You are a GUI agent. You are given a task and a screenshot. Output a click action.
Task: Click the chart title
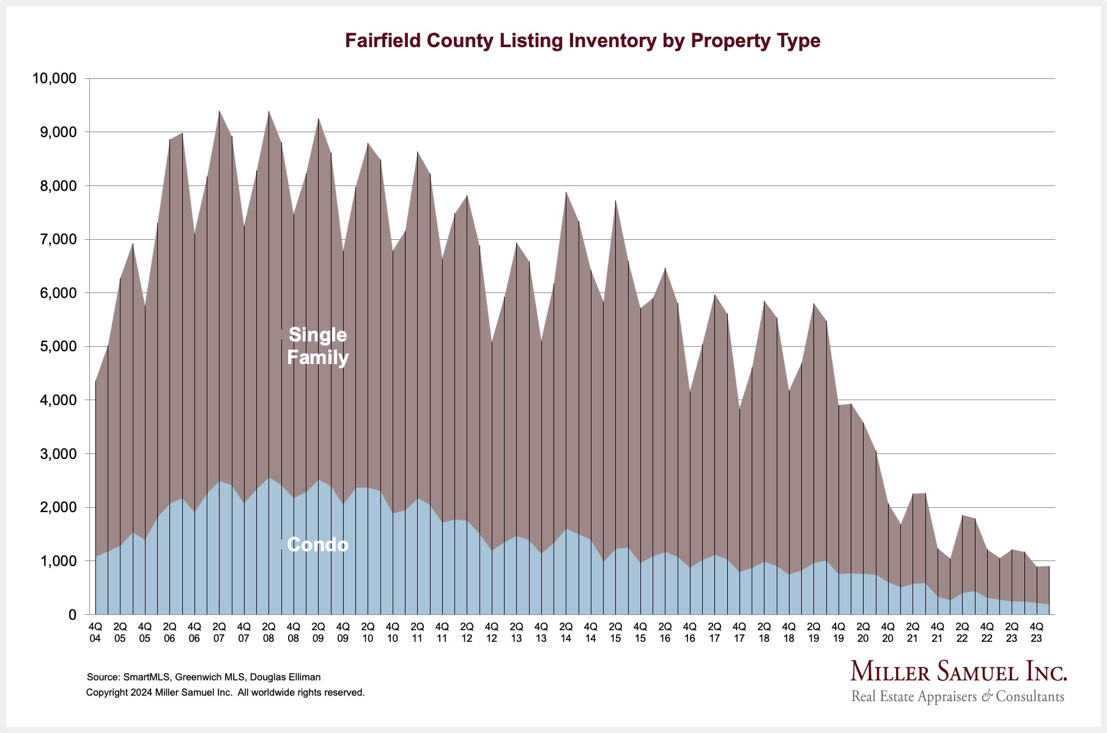point(582,40)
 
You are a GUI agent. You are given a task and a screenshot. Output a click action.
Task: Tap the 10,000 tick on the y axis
point(54,78)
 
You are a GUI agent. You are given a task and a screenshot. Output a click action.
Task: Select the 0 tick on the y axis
point(72,614)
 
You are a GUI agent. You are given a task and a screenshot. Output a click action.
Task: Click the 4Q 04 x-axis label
point(95,632)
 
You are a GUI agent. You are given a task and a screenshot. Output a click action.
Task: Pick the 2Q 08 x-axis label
point(268,632)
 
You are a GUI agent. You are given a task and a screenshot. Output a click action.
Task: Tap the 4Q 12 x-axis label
point(492,632)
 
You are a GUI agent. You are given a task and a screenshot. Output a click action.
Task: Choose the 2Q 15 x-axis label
point(615,632)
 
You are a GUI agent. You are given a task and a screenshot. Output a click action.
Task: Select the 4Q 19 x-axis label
point(839,632)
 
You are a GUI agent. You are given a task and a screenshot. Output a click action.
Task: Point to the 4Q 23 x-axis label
point(1037,632)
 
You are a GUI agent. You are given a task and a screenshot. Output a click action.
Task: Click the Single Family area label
point(317,346)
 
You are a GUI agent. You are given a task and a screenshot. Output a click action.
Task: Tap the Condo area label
point(317,545)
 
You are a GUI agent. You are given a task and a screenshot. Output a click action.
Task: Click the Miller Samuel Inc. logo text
point(958,671)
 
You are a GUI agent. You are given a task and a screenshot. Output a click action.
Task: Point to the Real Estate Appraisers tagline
point(957,696)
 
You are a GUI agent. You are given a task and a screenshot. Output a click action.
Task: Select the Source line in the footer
point(204,677)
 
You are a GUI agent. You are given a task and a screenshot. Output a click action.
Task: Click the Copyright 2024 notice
point(225,693)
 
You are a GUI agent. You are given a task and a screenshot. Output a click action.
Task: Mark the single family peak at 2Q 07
point(219,111)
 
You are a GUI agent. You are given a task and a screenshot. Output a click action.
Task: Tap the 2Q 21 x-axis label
point(913,632)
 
